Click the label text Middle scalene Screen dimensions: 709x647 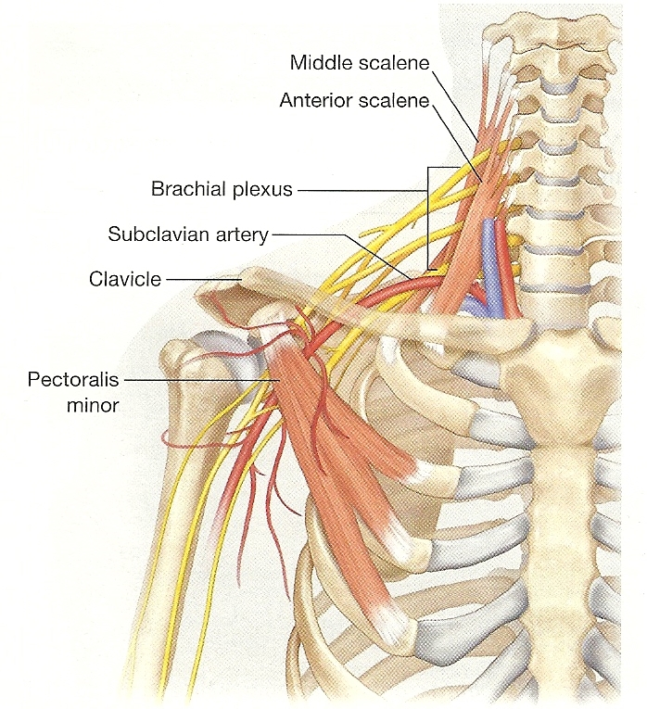click(359, 63)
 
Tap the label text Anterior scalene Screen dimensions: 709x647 click(354, 100)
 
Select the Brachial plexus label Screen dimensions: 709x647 click(222, 190)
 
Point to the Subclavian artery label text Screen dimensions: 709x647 click(188, 234)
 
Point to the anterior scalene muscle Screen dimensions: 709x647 click(468, 241)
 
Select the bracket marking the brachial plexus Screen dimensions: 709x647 click(428, 218)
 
